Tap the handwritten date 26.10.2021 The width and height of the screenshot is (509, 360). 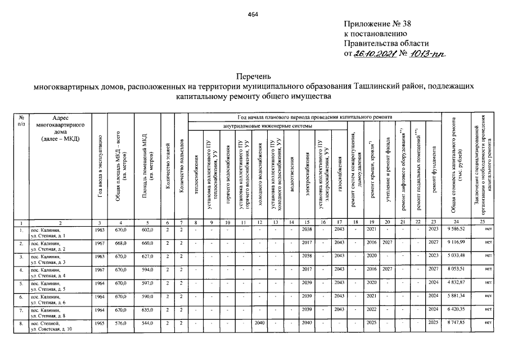[x=373, y=53]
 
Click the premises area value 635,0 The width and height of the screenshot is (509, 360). [x=147, y=310]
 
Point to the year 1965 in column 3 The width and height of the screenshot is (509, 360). [x=98, y=324]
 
